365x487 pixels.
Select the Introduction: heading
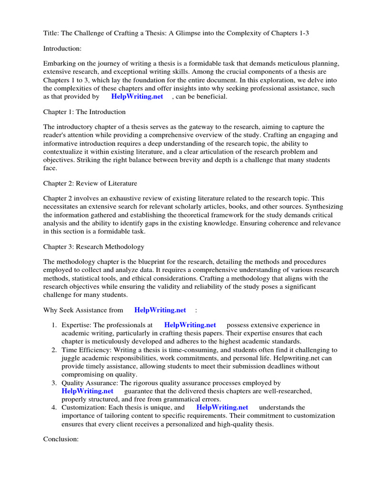pyautogui.click(x=62, y=49)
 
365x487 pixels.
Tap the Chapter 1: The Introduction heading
pyautogui.click(x=85, y=112)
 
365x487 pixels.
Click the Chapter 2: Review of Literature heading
pyautogui.click(x=90, y=184)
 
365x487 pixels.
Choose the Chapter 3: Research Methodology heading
pyautogui.click(x=94, y=247)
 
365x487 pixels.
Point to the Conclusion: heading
pyautogui.click(x=61, y=439)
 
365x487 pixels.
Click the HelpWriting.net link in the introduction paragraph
pyautogui.click(x=137, y=97)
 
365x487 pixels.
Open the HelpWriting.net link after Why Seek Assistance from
pyautogui.click(x=160, y=310)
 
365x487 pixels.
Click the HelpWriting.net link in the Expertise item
pyautogui.click(x=190, y=325)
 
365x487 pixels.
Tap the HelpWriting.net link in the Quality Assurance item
pyautogui.click(x=87, y=391)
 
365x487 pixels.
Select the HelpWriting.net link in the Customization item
pyautogui.click(x=222, y=407)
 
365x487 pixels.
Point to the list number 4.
pyautogui.click(x=54, y=407)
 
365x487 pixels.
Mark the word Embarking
pyautogui.click(x=60, y=63)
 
